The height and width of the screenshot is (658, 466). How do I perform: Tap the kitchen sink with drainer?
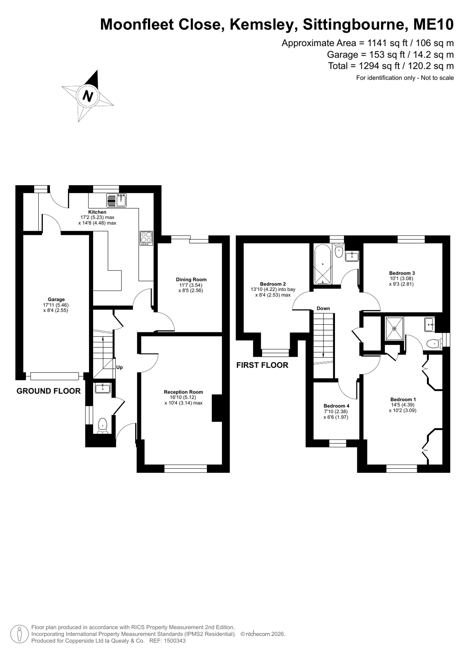(116, 200)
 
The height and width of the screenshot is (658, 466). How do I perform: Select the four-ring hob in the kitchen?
(146, 238)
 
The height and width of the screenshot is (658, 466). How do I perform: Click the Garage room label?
(56, 299)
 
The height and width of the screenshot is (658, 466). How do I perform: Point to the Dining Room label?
(191, 279)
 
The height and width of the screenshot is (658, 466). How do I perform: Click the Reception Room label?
(183, 392)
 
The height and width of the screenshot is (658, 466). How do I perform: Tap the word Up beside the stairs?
(119, 367)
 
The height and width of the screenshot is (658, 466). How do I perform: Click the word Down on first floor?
(323, 308)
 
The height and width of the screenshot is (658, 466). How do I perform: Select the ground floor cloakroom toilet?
(102, 425)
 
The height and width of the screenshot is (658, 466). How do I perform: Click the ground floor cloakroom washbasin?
(103, 388)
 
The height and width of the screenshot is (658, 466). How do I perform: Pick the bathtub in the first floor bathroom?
(323, 264)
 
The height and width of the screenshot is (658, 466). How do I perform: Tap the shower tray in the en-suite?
(394, 328)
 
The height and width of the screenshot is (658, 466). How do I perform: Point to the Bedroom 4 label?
(337, 406)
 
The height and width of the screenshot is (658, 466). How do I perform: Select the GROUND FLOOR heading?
(49, 391)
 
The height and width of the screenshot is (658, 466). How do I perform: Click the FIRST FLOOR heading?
(262, 365)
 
